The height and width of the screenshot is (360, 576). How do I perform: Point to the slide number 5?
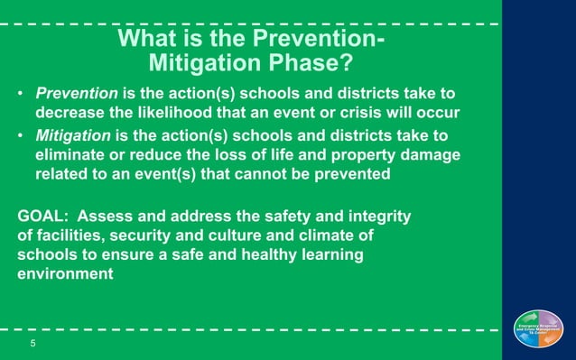[x=33, y=343]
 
